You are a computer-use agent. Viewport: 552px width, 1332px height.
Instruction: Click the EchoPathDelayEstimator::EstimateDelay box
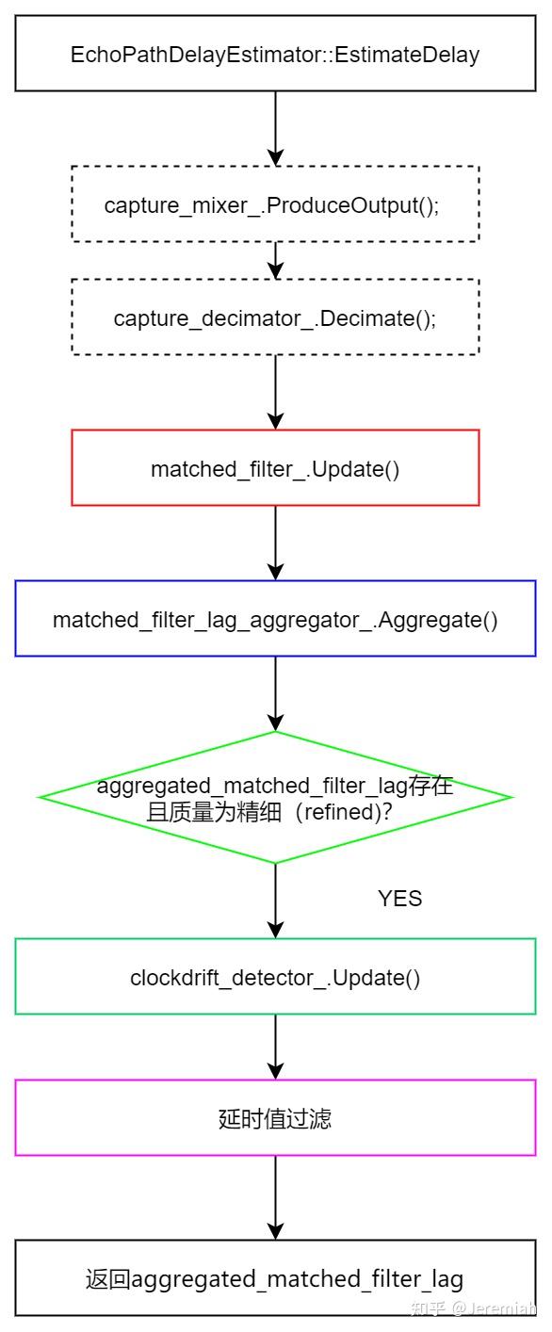[275, 54]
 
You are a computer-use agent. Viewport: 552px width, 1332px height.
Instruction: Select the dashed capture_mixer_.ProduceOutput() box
[275, 204]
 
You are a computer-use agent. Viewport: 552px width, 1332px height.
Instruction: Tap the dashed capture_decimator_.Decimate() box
[275, 317]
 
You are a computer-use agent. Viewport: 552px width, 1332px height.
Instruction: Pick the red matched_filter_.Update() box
[275, 468]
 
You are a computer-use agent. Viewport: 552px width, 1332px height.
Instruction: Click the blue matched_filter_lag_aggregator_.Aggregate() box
[275, 619]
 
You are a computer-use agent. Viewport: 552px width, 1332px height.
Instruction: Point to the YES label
[399, 899]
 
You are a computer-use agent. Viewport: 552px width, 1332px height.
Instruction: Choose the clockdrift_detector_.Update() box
[275, 977]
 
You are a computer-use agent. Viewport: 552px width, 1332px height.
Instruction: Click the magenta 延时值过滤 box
[275, 1118]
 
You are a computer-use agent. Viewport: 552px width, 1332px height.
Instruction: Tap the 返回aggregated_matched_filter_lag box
[275, 1278]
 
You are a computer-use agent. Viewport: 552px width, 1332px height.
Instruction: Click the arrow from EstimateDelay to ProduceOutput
[275, 128]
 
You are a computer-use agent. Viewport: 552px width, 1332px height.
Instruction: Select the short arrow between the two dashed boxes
[275, 261]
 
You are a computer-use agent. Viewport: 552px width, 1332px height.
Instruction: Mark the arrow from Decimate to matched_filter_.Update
[275, 392]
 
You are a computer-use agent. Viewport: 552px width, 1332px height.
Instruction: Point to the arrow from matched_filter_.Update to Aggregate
[275, 543]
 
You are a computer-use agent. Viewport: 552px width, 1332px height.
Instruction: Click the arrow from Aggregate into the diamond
[275, 693]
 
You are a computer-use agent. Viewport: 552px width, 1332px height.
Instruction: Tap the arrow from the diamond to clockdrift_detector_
[275, 901]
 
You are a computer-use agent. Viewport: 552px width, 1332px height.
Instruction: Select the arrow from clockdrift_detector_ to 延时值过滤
[275, 1047]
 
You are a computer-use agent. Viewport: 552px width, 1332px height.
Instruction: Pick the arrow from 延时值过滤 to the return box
[275, 1197]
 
